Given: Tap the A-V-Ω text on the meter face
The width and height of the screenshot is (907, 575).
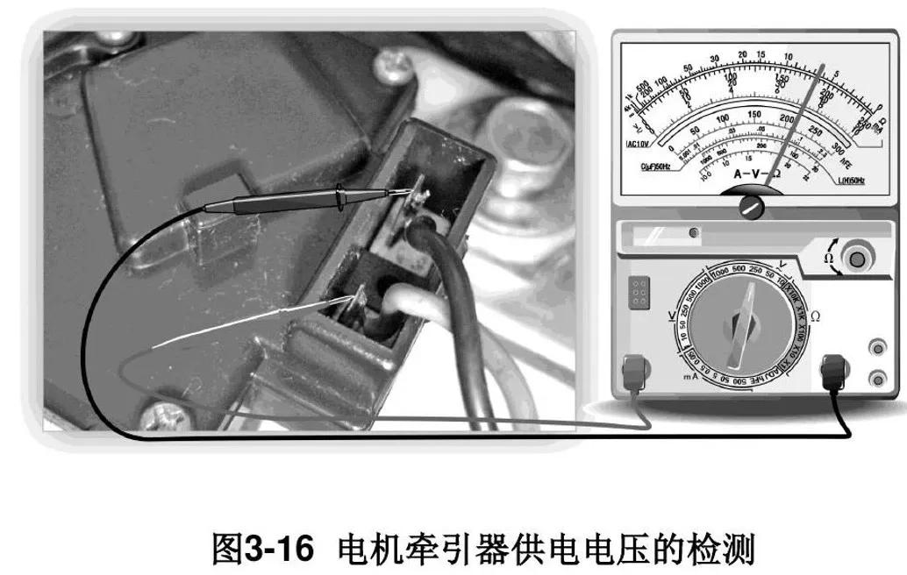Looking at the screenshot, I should [x=750, y=175].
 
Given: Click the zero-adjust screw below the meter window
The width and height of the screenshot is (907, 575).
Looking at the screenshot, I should [x=752, y=207].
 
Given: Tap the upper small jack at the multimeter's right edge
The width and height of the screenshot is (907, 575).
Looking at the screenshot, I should [x=875, y=350].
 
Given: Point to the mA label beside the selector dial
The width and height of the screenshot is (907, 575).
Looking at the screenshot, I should [x=664, y=376].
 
